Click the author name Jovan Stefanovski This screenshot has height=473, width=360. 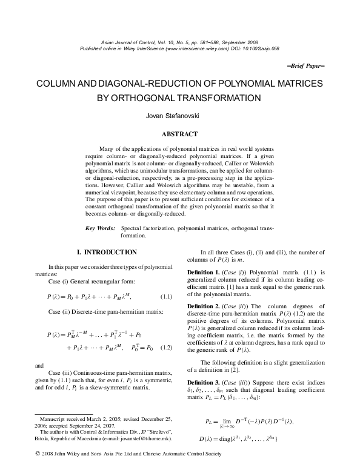click(179, 116)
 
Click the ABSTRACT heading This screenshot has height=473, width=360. click(179, 133)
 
